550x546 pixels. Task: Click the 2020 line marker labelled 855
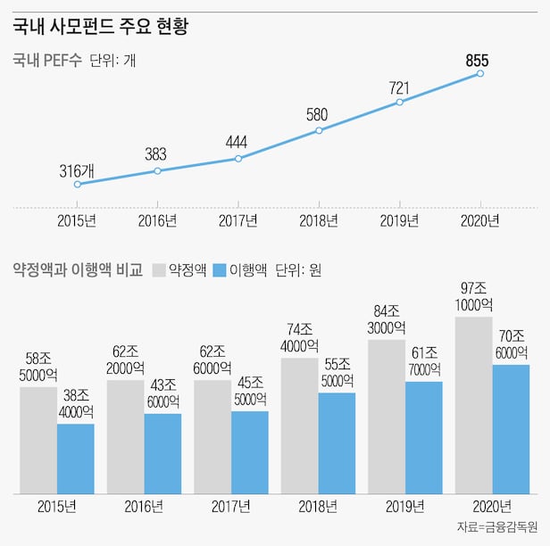(x=480, y=73)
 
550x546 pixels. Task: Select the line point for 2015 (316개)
(x=78, y=184)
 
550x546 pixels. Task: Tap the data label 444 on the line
(x=236, y=142)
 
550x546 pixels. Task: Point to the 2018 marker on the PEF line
(x=319, y=131)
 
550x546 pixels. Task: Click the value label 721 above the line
(x=399, y=87)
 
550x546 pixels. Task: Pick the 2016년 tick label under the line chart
(x=158, y=221)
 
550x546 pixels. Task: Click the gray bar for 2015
(x=38, y=439)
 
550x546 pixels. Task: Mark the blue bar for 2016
(x=162, y=453)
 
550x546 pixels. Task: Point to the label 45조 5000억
(x=250, y=390)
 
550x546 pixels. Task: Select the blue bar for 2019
(x=423, y=437)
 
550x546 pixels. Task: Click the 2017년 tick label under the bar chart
(x=230, y=507)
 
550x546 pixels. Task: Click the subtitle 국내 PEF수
(x=46, y=62)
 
